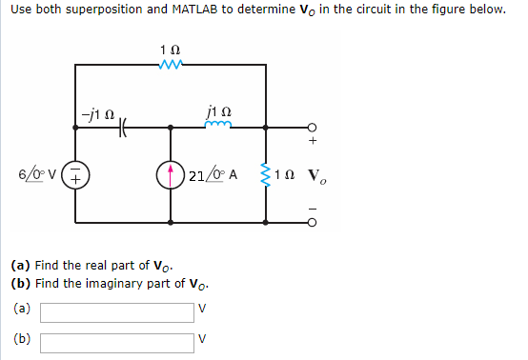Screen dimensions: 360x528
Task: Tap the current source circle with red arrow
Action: tap(172, 175)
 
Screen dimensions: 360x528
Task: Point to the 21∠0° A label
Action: tap(217, 175)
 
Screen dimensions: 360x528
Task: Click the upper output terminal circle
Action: tap(312, 127)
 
